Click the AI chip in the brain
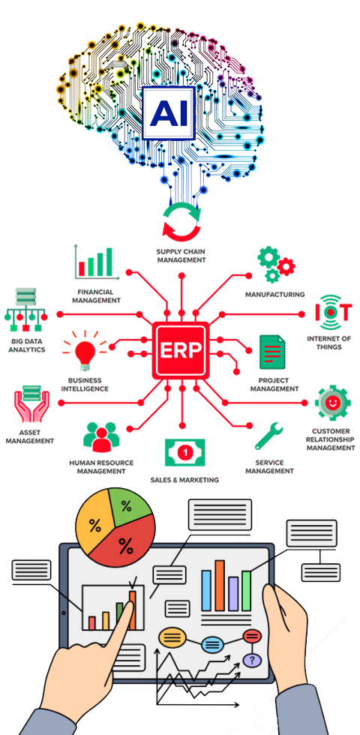click(x=168, y=113)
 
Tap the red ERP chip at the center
click(x=181, y=349)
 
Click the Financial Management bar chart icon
click(x=94, y=262)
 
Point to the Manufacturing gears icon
click(x=276, y=265)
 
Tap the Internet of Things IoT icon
click(x=331, y=312)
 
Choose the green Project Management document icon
click(x=272, y=352)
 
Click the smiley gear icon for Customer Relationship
click(x=332, y=403)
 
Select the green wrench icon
click(x=268, y=436)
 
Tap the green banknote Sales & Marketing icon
click(x=185, y=452)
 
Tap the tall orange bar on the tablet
click(x=219, y=586)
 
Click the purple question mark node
click(x=252, y=661)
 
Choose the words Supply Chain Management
click(x=181, y=256)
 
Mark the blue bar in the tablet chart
click(x=206, y=591)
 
